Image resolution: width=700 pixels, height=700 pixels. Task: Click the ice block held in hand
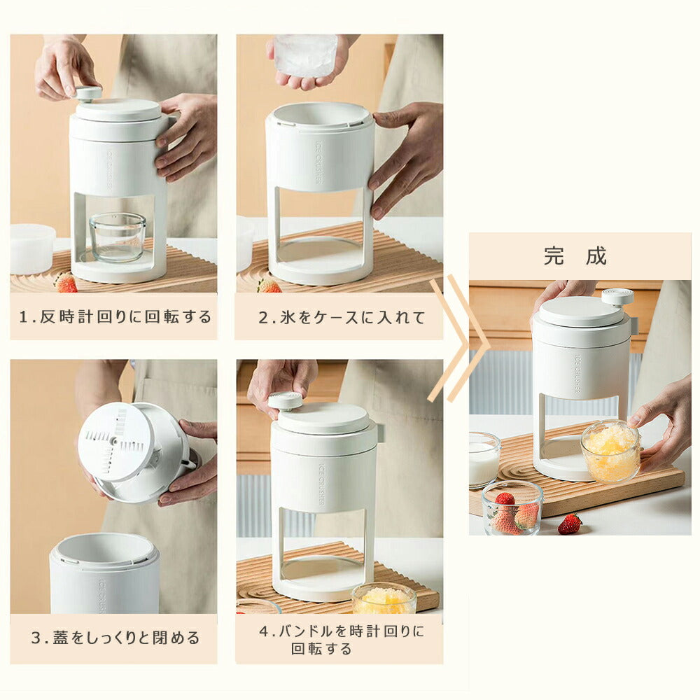pos(305,55)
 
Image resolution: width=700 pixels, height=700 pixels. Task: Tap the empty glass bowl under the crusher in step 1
pos(118,237)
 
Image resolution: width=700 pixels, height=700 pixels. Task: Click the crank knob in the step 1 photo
pos(88,93)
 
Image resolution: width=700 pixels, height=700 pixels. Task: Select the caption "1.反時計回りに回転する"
pos(115,316)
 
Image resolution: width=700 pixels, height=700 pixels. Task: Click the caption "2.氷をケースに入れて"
pos(342,317)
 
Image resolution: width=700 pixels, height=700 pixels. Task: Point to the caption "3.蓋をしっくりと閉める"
pos(115,638)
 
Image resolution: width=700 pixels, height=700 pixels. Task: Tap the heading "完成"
pos(575,256)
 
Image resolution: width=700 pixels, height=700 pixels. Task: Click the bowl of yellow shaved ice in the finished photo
pos(610,451)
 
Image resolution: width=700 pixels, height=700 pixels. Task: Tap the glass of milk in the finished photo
pos(484,460)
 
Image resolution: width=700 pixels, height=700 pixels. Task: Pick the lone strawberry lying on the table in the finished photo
pos(570,524)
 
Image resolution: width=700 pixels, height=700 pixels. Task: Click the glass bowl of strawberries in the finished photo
pos(512,508)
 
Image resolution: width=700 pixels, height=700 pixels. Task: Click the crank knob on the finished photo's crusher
pos(617,297)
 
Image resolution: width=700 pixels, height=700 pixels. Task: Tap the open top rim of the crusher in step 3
pos(104,549)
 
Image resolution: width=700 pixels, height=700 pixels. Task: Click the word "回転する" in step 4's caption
pos(321,649)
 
